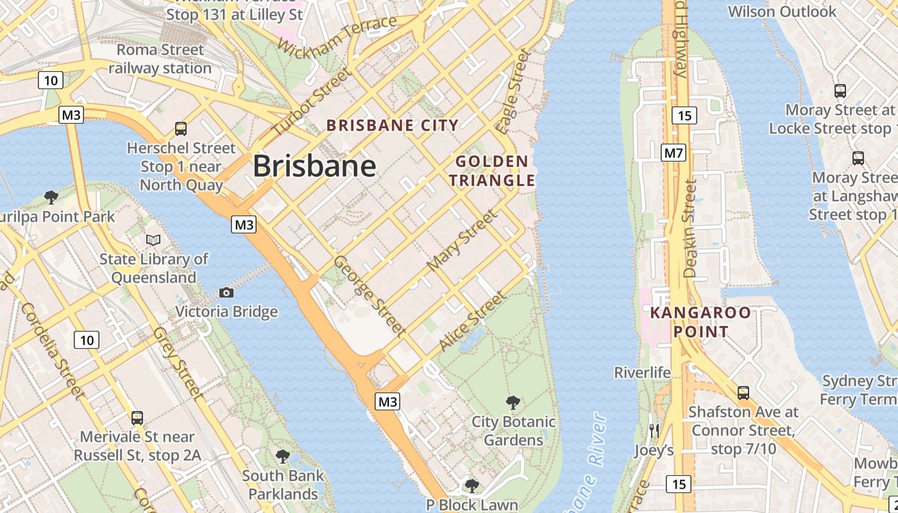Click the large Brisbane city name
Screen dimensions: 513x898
[314, 166]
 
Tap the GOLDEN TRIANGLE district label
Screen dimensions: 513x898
[492, 171]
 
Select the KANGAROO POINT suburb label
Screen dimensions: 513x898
[700, 322]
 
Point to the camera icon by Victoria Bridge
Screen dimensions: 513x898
[226, 292]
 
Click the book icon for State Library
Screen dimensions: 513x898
[153, 240]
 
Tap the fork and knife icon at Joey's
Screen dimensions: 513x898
[654, 430]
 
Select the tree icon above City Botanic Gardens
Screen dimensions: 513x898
[513, 403]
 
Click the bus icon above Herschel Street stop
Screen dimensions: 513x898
[181, 128]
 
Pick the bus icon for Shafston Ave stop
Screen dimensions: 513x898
[743, 392]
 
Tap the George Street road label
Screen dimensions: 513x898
[369, 296]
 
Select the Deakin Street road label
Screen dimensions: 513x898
[690, 228]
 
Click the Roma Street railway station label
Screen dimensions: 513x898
[160, 59]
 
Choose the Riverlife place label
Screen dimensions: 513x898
[642, 373]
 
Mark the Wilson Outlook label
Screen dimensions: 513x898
[782, 12]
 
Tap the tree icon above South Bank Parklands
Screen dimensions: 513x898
[282, 457]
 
